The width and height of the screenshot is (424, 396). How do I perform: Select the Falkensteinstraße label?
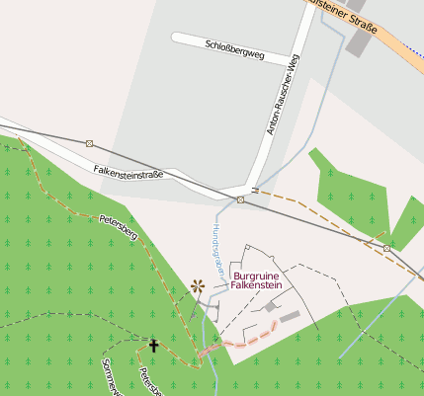pyautogui.click(x=128, y=171)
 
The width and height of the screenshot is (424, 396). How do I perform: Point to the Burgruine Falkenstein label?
pyautogui.click(x=257, y=279)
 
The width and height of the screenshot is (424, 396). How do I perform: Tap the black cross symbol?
pyautogui.click(x=152, y=345)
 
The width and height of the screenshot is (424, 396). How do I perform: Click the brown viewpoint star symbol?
pyautogui.click(x=198, y=286)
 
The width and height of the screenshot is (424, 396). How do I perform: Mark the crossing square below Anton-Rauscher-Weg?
pyautogui.click(x=240, y=199)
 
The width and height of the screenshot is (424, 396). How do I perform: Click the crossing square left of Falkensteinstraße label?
pyautogui.click(x=89, y=144)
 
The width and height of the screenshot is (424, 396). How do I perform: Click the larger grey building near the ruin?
pyautogui.click(x=288, y=315)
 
